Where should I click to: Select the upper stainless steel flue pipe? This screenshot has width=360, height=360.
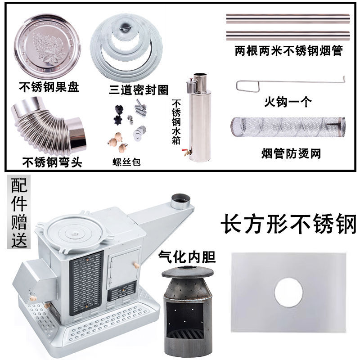point(288,20)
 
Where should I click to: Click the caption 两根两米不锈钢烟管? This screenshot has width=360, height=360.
point(288,51)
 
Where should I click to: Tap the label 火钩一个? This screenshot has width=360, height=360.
point(288,102)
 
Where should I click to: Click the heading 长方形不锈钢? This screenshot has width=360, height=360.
point(288,224)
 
